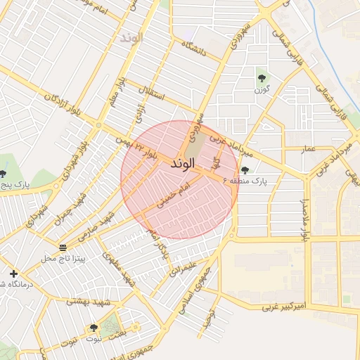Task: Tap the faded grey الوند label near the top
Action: click(131, 37)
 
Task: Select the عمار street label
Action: click(308, 149)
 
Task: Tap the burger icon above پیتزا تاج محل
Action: click(63, 247)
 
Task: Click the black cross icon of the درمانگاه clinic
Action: click(13, 273)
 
